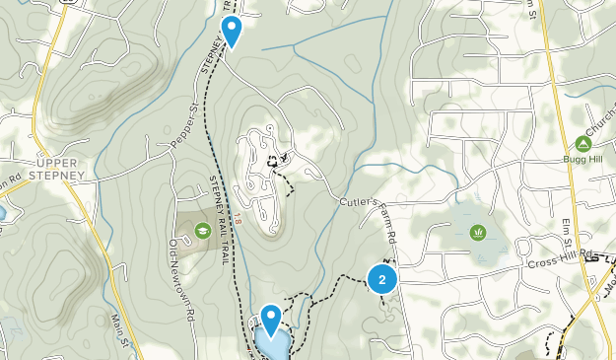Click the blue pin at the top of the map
click(231, 30)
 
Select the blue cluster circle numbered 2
click(381, 279)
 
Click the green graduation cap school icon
click(203, 231)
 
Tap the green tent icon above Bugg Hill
click(582, 145)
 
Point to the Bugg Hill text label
click(581, 160)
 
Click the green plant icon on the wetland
click(478, 233)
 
